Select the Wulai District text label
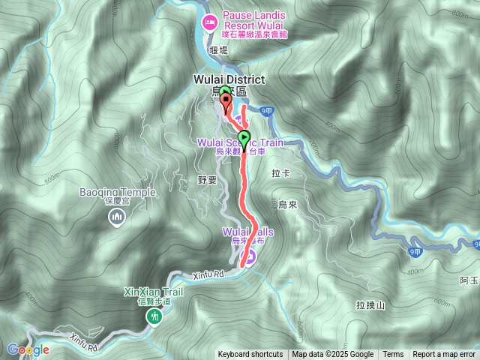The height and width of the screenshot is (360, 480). [x=229, y=79]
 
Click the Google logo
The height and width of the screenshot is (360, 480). [x=28, y=349]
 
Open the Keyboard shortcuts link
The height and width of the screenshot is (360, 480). [x=250, y=355]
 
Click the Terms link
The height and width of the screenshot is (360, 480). [x=393, y=355]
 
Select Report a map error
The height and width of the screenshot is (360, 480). [x=444, y=355]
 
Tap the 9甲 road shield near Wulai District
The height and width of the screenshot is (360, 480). [x=268, y=111]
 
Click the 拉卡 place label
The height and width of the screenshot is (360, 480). [x=280, y=173]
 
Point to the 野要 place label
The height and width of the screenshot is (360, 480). [x=207, y=180]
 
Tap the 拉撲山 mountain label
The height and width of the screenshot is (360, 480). [x=370, y=305]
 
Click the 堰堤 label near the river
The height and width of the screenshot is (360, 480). [x=218, y=51]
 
